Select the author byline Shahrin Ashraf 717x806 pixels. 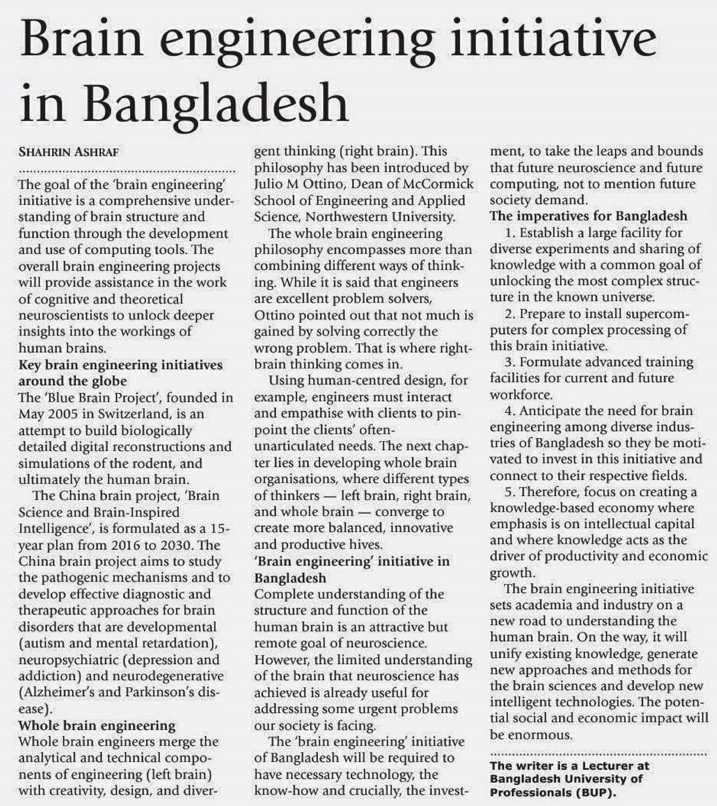69,152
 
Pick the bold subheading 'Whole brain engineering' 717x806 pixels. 97,725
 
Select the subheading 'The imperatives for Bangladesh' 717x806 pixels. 589,216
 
